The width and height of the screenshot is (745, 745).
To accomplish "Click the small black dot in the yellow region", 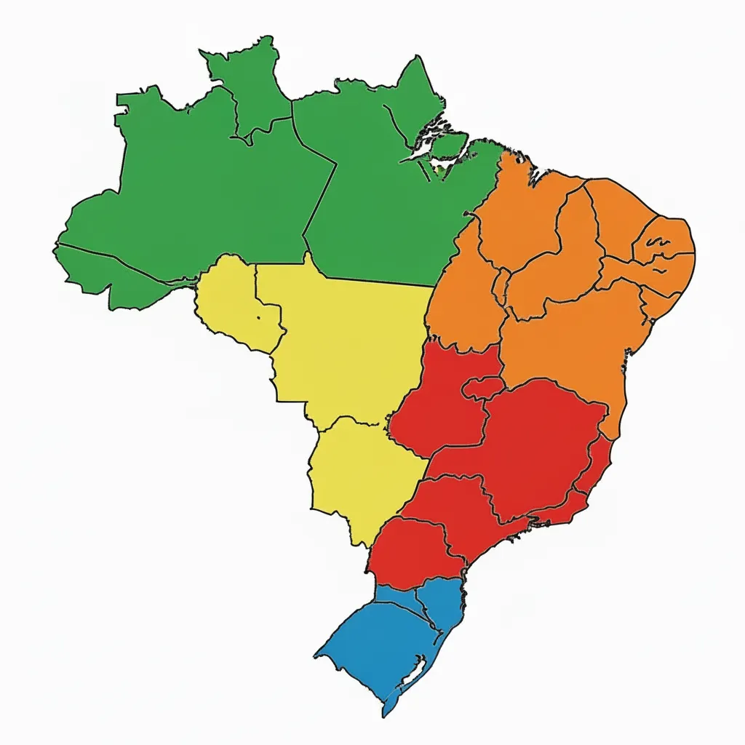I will pos(258,318).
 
